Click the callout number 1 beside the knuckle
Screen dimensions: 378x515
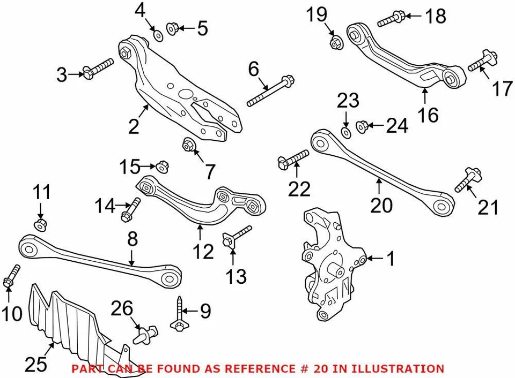pyautogui.click(x=391, y=260)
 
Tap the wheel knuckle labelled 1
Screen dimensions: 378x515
pyautogui.click(x=328, y=262)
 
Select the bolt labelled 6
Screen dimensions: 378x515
pyautogui.click(x=270, y=92)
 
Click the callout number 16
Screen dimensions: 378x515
pyautogui.click(x=429, y=115)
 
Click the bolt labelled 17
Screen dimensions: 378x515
pyautogui.click(x=480, y=63)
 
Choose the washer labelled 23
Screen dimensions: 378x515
pyautogui.click(x=346, y=131)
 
